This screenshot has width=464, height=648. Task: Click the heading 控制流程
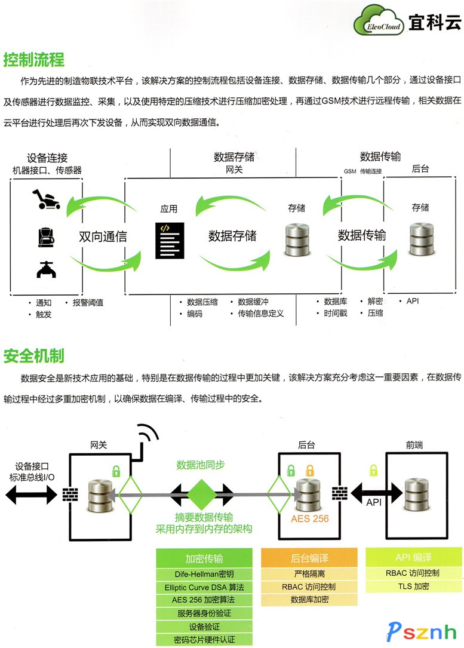[34, 60]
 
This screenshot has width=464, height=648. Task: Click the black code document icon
[169, 240]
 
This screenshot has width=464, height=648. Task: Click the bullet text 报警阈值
[88, 302]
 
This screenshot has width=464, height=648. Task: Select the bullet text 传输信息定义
[260, 313]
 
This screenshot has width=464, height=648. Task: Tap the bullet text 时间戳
[335, 312]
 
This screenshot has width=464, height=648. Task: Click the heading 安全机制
[34, 356]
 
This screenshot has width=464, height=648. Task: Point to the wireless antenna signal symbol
[145, 437]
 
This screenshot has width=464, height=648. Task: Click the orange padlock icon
[309, 469]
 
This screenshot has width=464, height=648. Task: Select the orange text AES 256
[310, 518]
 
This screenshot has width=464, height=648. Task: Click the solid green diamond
[201, 494]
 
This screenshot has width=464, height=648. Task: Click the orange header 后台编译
[309, 558]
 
